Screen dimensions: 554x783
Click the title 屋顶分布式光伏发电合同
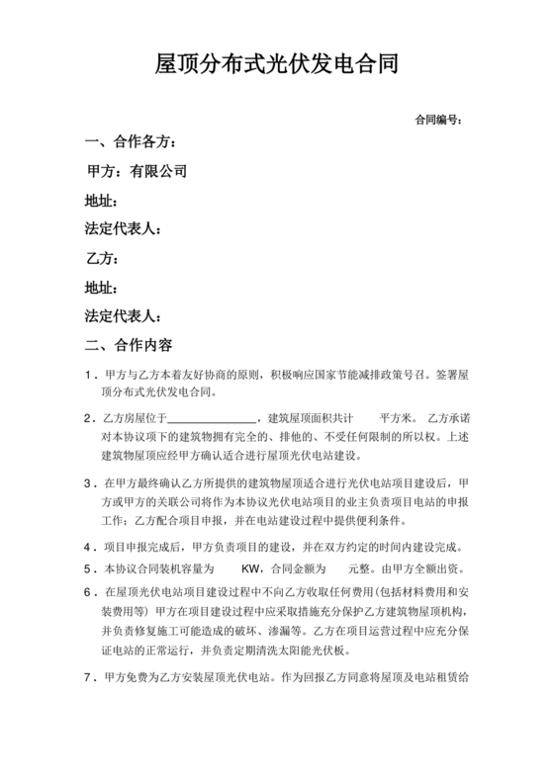tap(277, 66)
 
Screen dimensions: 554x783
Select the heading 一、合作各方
tap(131, 142)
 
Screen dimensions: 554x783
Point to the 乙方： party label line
tap(103, 260)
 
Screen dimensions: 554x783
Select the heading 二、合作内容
tap(129, 346)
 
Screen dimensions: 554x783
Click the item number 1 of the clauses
tap(91, 378)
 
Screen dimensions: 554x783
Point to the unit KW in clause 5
tap(252, 570)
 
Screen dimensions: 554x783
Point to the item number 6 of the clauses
tap(91, 591)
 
